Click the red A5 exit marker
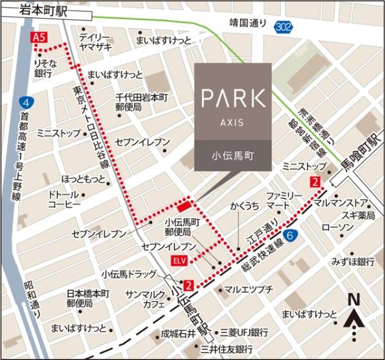tap(40, 39)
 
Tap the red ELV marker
tap(179, 261)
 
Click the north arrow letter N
tap(352, 298)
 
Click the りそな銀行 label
tap(43, 69)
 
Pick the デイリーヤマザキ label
tap(94, 42)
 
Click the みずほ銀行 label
tap(352, 261)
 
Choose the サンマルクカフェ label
tap(144, 298)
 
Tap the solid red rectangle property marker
tap(184, 207)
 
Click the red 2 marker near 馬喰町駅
tap(314, 183)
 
